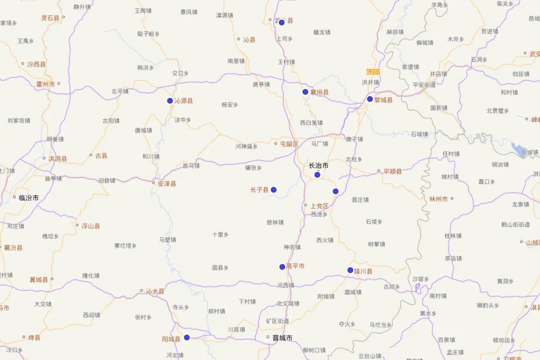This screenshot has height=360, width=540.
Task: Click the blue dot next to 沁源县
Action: (170, 101)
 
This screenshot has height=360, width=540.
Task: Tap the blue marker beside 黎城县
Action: (370, 99)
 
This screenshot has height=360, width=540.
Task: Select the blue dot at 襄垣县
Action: (306, 92)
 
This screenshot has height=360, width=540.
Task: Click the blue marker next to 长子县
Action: (274, 190)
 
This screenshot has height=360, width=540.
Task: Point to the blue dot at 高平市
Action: (282, 267)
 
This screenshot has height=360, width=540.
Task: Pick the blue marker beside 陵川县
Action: (351, 270)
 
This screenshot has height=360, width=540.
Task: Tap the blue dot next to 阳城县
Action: (187, 337)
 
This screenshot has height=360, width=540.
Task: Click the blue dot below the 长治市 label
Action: (317, 175)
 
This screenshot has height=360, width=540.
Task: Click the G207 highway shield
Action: (373, 72)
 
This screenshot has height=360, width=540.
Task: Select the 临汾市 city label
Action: (29, 198)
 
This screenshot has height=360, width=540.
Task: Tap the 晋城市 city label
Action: (283, 337)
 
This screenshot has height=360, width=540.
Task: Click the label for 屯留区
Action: (289, 144)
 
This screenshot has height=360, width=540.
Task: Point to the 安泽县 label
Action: (167, 184)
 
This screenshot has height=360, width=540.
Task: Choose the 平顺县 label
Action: (392, 171)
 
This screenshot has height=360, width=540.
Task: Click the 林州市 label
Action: (438, 199)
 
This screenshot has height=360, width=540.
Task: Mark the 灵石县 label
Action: (50, 18)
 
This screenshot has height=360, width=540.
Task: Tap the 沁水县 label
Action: (155, 291)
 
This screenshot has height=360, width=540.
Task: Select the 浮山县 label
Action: (90, 226)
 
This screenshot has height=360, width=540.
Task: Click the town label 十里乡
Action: (220, 234)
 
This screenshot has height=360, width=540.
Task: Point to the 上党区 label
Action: (319, 206)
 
